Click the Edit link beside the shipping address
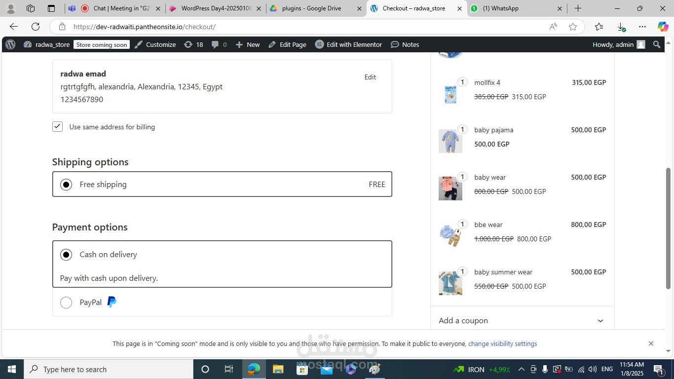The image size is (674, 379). coord(370,77)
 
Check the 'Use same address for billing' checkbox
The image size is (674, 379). coord(57,127)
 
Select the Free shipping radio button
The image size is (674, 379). coord(66,185)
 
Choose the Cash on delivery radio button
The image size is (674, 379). coord(66,255)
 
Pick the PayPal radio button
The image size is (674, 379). coord(66,302)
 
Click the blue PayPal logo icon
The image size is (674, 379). coord(112,302)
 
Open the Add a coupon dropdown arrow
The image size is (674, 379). coord(600,321)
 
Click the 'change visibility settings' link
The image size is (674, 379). coord(502,344)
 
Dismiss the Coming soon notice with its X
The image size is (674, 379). coord(651,343)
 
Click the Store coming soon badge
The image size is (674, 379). coord(102,44)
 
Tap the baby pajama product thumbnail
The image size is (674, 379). coord(450,141)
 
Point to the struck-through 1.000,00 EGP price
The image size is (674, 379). coord(494,239)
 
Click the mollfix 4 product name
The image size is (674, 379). coord(487,82)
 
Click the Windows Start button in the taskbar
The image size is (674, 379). coord(12,369)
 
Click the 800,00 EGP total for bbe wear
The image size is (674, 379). coord(589,225)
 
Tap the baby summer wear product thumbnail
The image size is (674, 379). coord(450,283)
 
